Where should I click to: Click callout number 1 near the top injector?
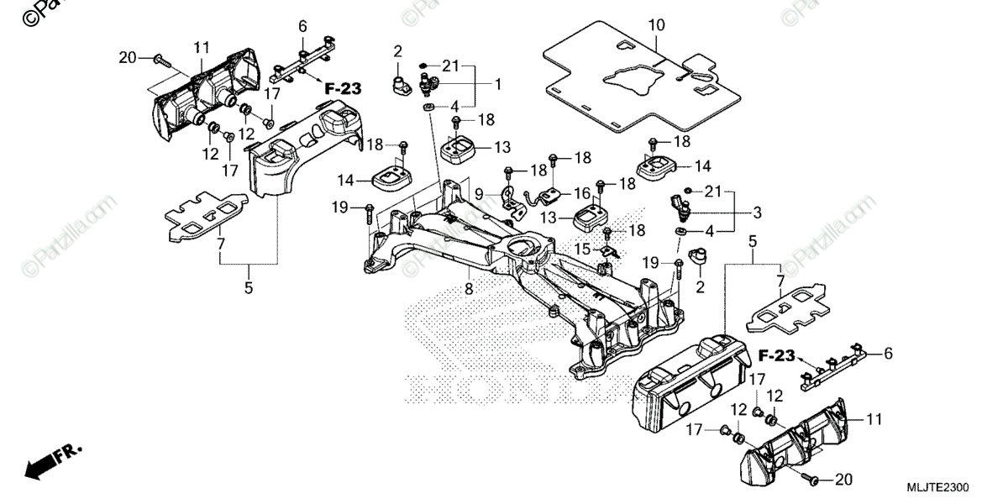[x=497, y=84]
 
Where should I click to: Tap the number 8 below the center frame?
[x=469, y=289]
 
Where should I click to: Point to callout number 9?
[x=479, y=193]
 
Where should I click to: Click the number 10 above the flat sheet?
[x=656, y=24]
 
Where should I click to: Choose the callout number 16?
[x=581, y=193]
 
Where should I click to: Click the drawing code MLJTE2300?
[x=937, y=488]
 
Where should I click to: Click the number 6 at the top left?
[x=302, y=26]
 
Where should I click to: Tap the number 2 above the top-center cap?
[x=399, y=52]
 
